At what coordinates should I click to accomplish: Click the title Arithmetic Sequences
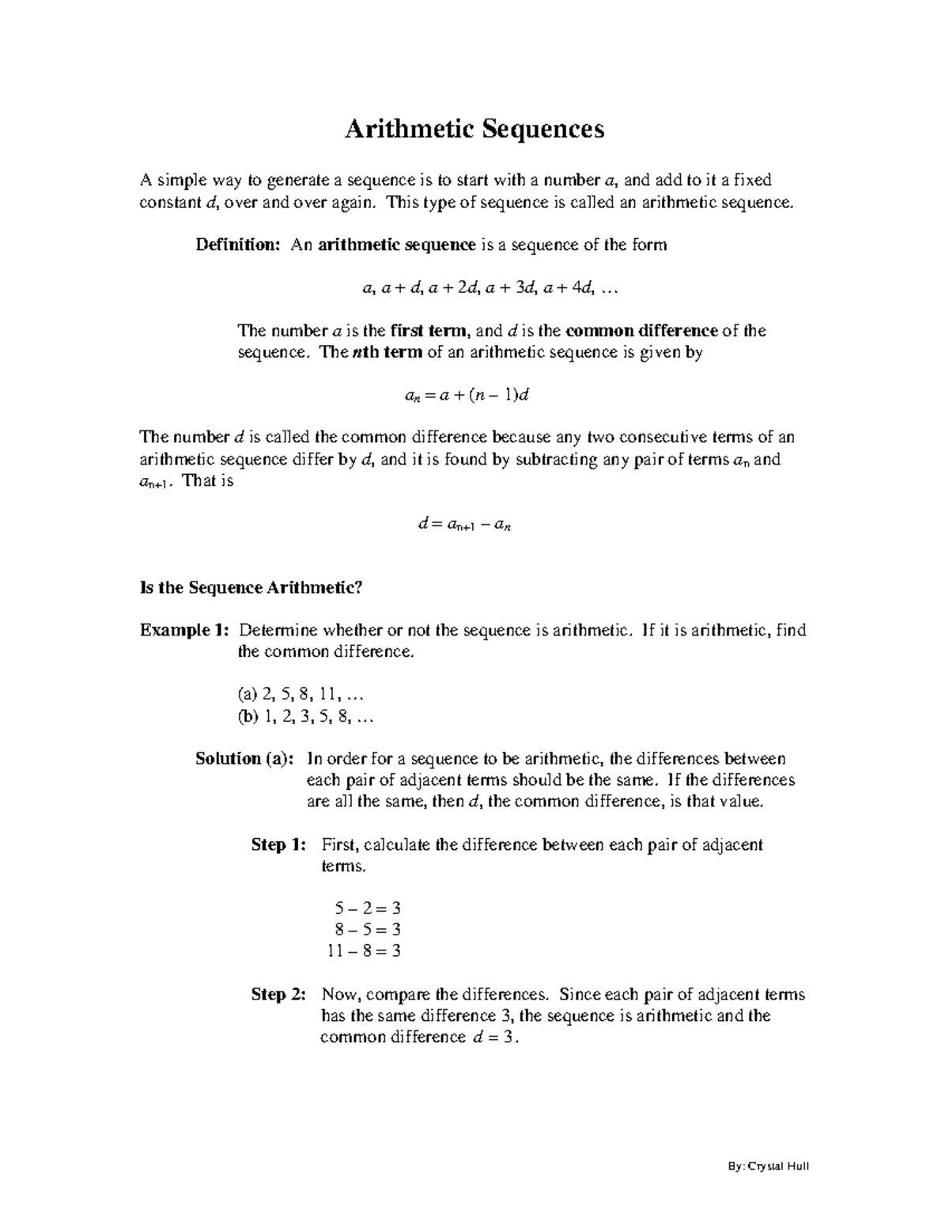pyautogui.click(x=474, y=128)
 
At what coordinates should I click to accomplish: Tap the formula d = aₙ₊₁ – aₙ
pyautogui.click(x=464, y=524)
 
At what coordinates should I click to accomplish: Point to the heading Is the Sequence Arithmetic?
pyautogui.click(x=251, y=588)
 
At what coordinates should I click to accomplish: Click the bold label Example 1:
pyautogui.click(x=185, y=631)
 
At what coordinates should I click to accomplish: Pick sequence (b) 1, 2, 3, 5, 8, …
pyautogui.click(x=304, y=717)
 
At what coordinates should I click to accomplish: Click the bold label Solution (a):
pyautogui.click(x=244, y=759)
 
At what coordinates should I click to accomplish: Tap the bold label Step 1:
pyautogui.click(x=278, y=845)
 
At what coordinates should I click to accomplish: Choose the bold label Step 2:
pyautogui.click(x=278, y=995)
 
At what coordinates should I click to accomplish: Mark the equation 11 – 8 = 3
pyautogui.click(x=364, y=951)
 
